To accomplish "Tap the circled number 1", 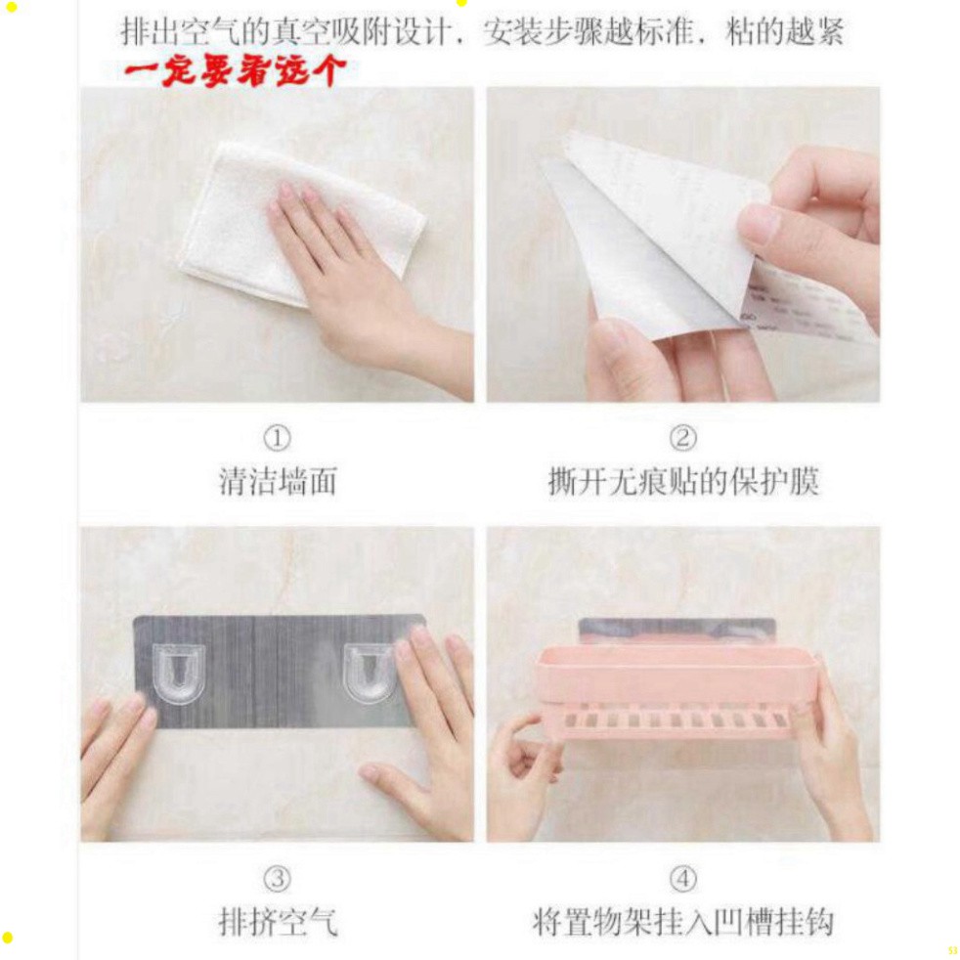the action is point(277,438).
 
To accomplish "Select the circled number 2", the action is point(682,438).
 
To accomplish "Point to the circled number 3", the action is point(277,879).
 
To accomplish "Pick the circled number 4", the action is point(682,879).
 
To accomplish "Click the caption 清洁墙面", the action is point(278,481).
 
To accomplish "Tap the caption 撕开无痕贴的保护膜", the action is point(683,481).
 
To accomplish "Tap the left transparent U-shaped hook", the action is point(178,673).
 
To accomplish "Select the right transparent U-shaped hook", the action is point(371,673).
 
